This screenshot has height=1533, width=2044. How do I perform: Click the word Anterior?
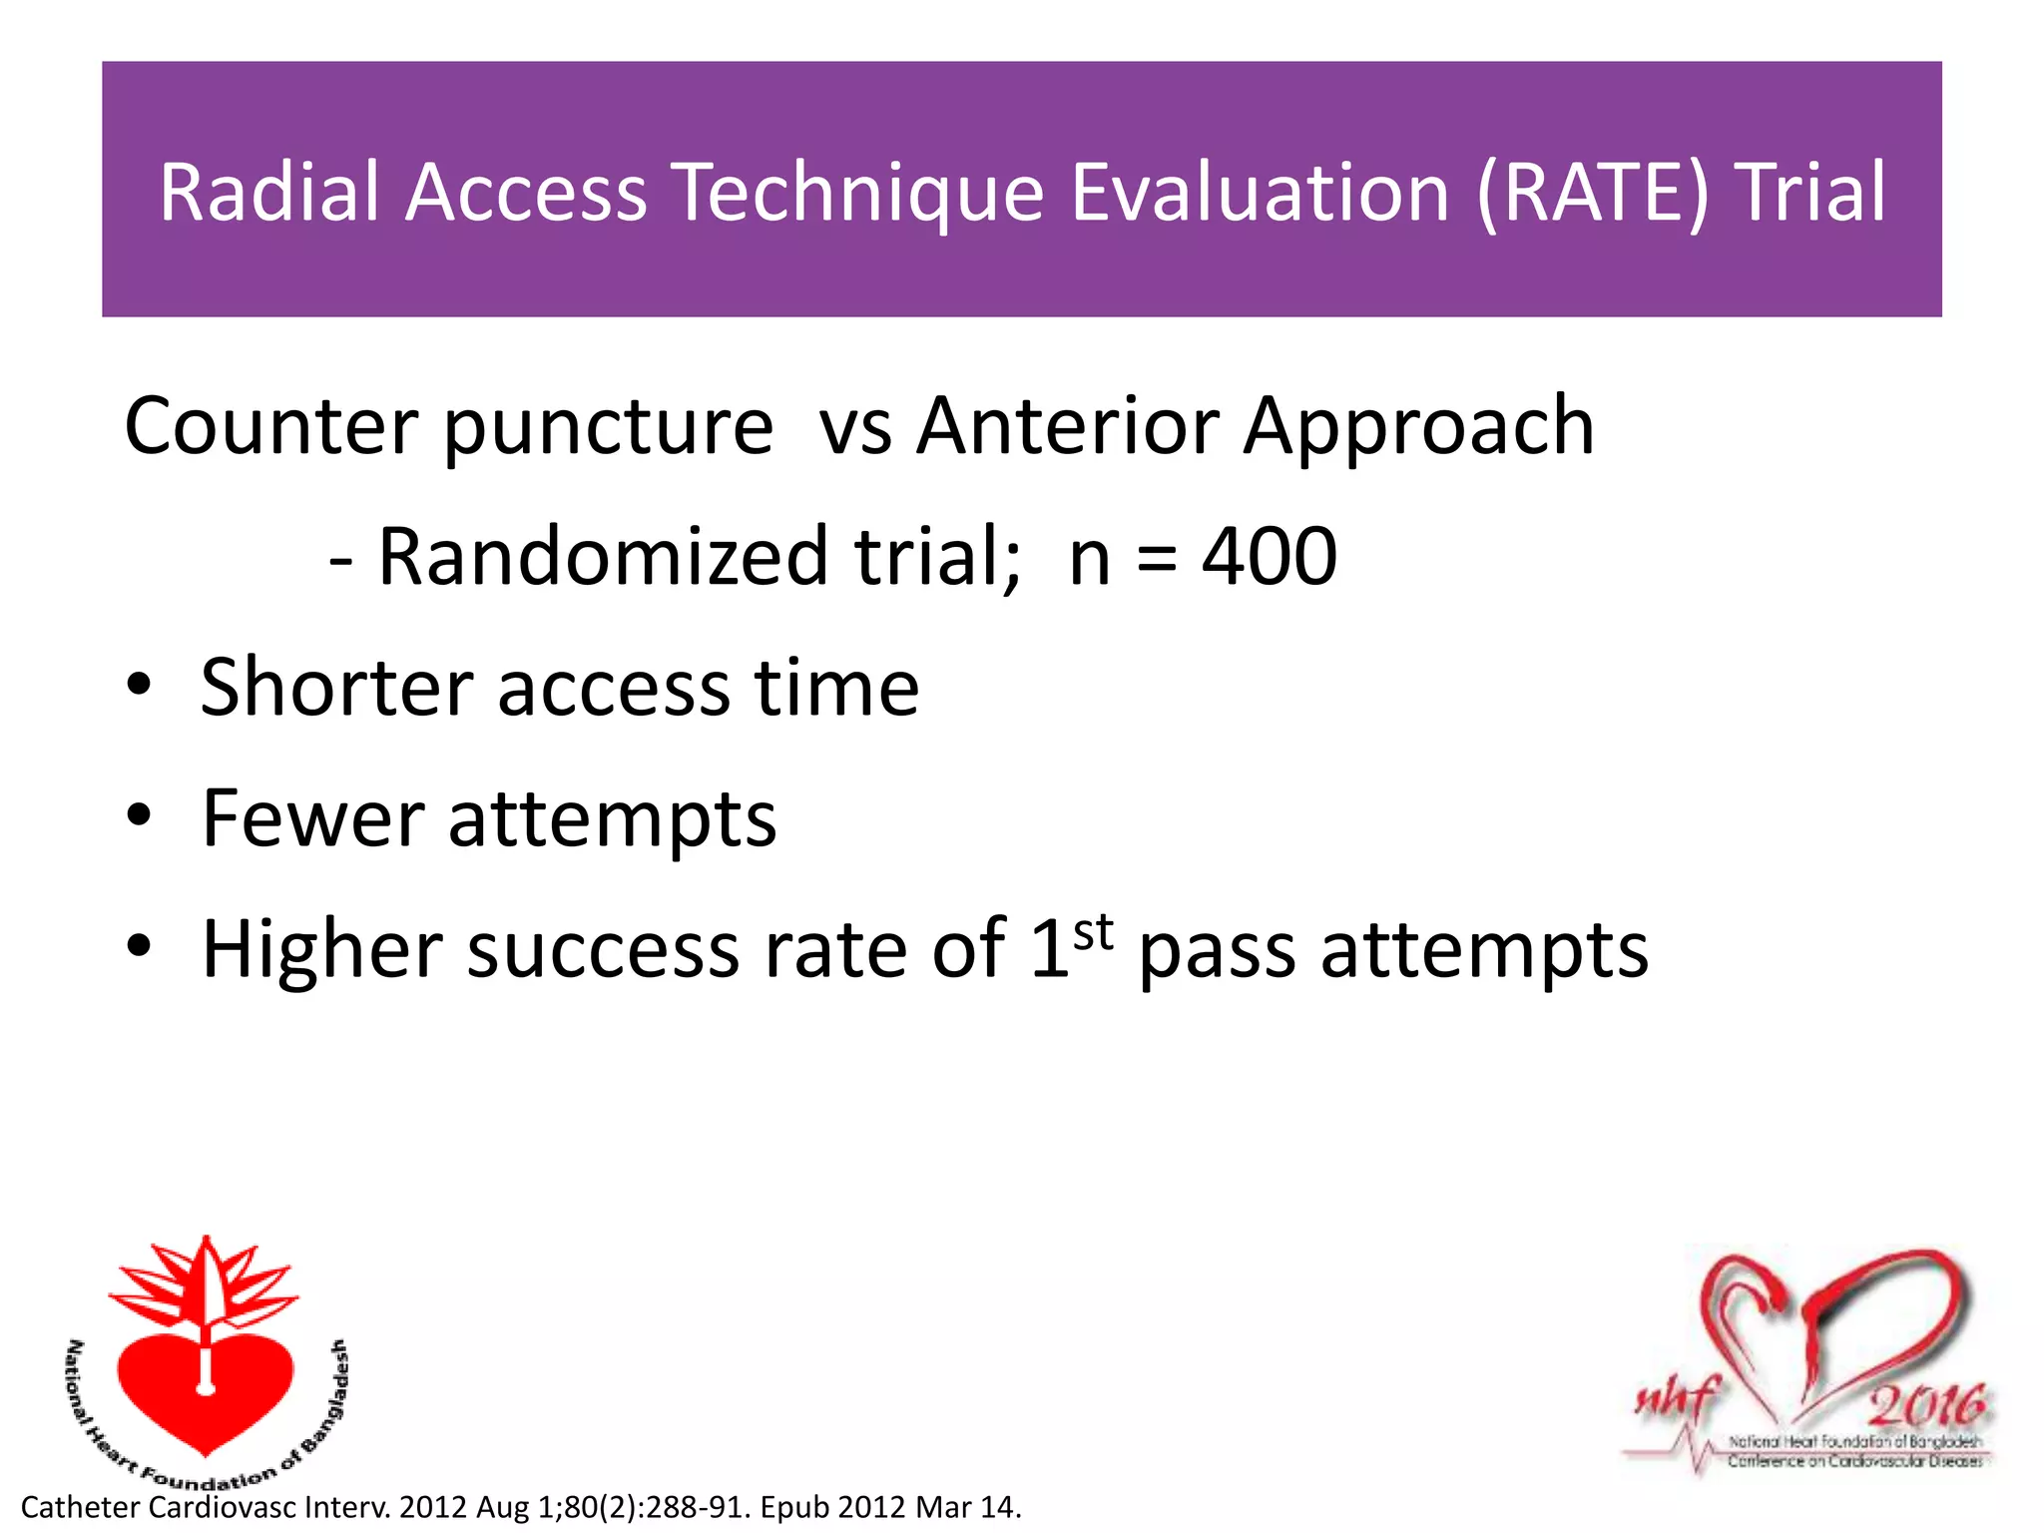pyautogui.click(x=1068, y=426)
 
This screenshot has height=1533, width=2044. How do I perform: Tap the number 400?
pyautogui.click(x=1269, y=557)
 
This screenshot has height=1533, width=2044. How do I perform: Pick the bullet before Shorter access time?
pyautogui.click(x=139, y=686)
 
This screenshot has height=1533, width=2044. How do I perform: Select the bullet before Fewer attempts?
pyautogui.click(x=139, y=816)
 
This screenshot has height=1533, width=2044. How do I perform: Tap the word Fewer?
pyautogui.click(x=311, y=818)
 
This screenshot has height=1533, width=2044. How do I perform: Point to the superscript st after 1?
pyautogui.click(x=1093, y=933)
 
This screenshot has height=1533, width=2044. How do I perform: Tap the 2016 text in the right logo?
pyautogui.click(x=1925, y=1406)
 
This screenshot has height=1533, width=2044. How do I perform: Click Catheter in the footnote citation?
pyautogui.click(x=79, y=1507)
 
